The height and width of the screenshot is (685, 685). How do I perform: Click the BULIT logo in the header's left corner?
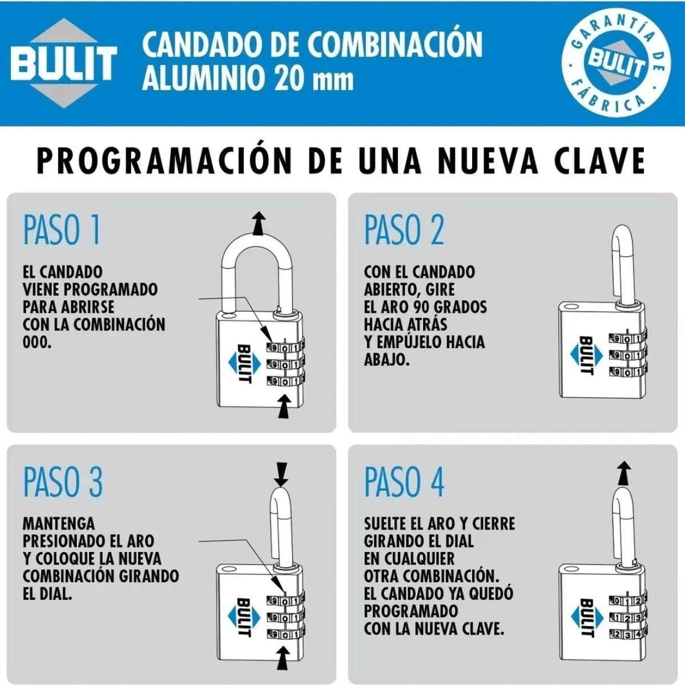click(x=63, y=63)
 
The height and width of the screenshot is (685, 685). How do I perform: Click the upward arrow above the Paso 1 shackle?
click(x=259, y=223)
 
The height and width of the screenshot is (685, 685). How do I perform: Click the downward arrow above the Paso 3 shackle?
click(x=281, y=474)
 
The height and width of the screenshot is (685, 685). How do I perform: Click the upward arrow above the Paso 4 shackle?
click(x=624, y=473)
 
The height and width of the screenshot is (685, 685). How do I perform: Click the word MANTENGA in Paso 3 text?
click(x=59, y=523)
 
